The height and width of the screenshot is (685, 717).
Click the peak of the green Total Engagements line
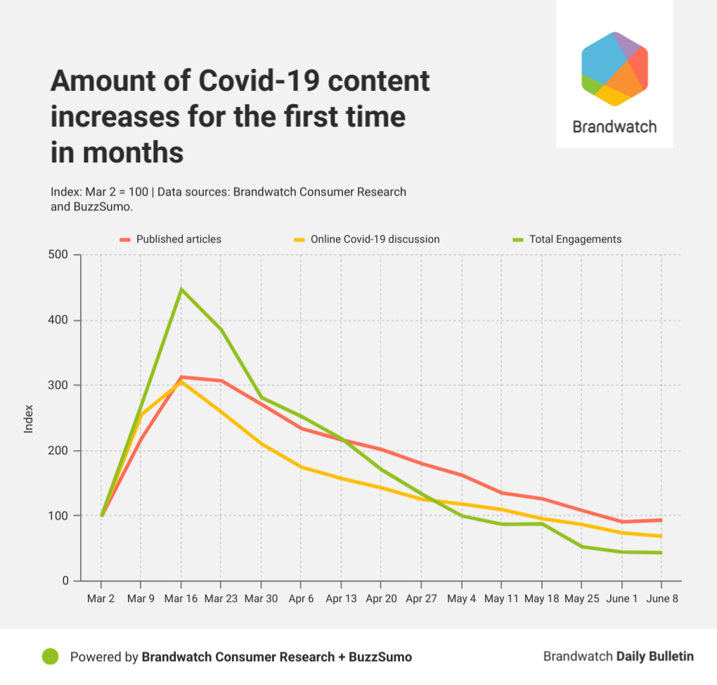tap(181, 289)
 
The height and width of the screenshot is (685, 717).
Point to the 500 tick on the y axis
tap(60, 255)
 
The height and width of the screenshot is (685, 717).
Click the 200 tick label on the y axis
tap(60, 451)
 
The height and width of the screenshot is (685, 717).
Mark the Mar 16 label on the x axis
tap(181, 599)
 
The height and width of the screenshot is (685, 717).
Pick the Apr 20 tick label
tap(380, 599)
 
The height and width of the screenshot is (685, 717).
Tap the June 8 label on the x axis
tap(661, 599)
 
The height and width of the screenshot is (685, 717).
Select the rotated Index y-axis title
tap(29, 418)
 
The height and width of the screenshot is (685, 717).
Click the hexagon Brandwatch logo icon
tap(614, 69)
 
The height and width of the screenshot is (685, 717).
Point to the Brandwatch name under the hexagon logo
tap(614, 127)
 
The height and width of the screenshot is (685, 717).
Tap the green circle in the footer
tap(50, 657)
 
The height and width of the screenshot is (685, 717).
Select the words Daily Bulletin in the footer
tap(655, 656)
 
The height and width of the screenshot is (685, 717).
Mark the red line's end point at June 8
tap(661, 520)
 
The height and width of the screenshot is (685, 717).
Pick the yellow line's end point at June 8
tap(661, 536)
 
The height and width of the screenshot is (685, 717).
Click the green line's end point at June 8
tap(661, 553)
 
